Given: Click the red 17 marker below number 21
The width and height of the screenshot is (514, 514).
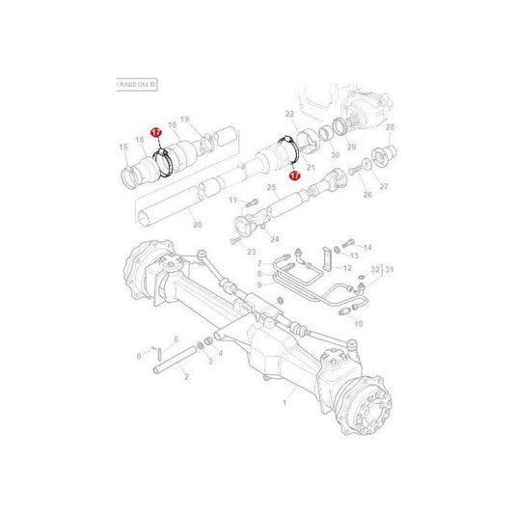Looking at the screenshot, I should click(295, 176).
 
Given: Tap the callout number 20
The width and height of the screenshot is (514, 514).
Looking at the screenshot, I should click(197, 225).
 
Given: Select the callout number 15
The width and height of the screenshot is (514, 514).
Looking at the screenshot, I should click(122, 147).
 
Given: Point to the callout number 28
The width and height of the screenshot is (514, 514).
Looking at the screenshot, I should click(390, 127).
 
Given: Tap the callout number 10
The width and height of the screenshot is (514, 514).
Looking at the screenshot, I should click(358, 324).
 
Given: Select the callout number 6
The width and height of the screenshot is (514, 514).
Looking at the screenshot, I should click(139, 356).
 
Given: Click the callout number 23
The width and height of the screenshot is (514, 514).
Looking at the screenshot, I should click(252, 253).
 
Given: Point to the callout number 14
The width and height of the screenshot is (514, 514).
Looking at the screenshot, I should click(366, 248).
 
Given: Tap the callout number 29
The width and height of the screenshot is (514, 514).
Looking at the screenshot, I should click(351, 147).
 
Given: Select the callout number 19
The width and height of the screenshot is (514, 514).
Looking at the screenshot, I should click(184, 119).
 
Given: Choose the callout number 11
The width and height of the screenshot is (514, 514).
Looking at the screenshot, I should click(232, 200).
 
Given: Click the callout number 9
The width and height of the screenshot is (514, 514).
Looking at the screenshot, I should click(258, 284).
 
